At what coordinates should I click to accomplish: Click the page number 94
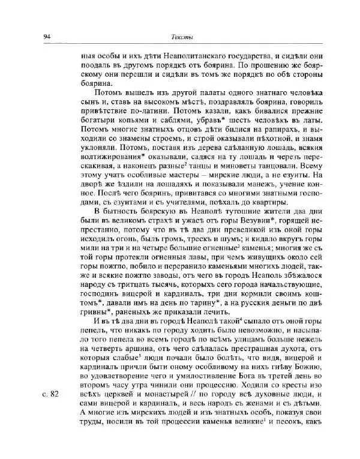[47, 38]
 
